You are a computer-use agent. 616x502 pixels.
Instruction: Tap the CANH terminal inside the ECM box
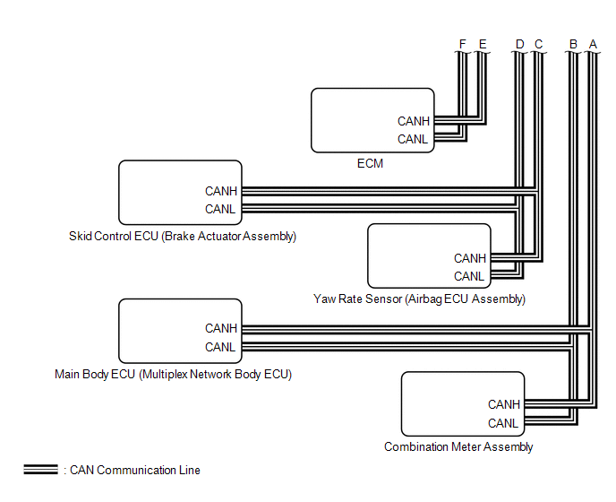414,121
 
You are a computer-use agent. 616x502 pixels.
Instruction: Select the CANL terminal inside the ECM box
414,139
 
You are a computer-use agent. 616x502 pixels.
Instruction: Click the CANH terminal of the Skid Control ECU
221,191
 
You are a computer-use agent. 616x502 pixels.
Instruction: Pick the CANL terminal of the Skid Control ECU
221,209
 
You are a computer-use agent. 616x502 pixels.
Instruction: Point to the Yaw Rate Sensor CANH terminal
470,258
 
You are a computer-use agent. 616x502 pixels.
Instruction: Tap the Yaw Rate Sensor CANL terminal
470,276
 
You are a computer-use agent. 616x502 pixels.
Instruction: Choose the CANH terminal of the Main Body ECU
221,329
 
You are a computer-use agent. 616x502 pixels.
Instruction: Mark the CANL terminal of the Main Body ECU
221,347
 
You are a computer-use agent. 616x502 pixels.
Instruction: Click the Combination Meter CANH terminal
503,404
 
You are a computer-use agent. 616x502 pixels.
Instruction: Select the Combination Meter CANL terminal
503,423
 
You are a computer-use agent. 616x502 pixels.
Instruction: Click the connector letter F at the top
462,43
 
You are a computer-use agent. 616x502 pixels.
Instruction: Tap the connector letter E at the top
483,43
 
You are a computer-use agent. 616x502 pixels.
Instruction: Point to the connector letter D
520,43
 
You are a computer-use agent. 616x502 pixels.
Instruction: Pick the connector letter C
538,43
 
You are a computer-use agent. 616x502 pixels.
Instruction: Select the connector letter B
574,43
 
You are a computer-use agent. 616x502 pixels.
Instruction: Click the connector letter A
592,43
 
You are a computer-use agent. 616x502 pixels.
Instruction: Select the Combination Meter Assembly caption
458,446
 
